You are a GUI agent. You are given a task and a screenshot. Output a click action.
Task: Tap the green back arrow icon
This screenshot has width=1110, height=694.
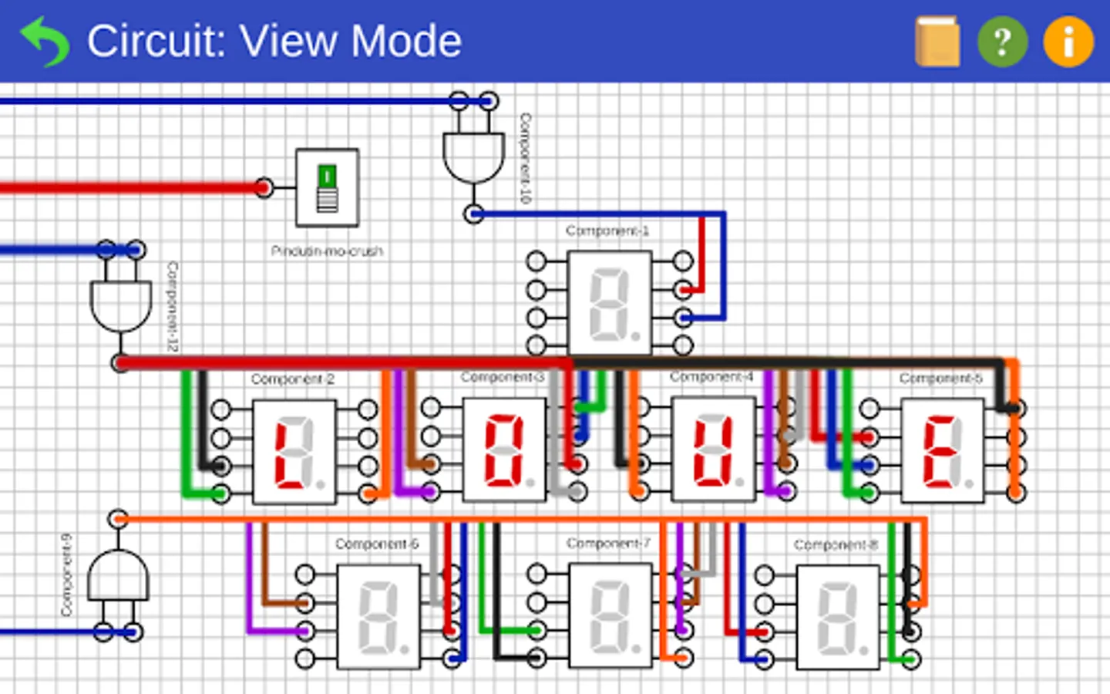[45, 42]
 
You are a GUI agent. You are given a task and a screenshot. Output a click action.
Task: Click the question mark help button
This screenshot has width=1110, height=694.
[1002, 42]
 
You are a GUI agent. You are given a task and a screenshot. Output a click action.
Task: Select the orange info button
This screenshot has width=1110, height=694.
[1068, 42]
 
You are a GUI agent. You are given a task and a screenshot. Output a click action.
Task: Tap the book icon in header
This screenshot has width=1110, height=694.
[937, 42]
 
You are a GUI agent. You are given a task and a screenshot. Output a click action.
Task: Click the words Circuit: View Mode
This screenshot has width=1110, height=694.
[274, 42]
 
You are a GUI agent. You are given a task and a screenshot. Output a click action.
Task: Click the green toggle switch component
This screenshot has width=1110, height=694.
[328, 187]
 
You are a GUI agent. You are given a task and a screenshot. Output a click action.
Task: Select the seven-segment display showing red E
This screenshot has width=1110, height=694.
[942, 451]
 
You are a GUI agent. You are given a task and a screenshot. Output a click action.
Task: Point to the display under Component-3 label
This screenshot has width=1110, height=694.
[503, 450]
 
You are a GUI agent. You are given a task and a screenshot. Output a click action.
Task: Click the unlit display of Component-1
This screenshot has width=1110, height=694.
[609, 304]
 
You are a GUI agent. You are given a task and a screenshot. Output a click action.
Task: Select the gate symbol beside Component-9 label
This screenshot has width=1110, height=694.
[117, 577]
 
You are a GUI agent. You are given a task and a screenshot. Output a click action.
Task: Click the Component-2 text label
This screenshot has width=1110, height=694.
[292, 379]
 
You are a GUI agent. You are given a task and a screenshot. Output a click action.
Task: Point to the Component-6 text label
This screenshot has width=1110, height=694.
[376, 544]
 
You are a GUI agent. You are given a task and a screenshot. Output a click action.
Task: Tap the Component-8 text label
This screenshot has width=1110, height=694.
[836, 545]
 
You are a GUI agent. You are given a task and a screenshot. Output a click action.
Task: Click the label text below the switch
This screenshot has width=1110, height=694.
[327, 251]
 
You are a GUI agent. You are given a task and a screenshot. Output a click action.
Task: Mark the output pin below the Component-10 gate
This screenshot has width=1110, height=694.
[474, 214]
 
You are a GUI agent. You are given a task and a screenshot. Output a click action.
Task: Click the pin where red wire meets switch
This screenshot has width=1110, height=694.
[264, 187]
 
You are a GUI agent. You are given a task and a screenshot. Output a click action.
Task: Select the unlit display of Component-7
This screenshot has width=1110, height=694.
[610, 615]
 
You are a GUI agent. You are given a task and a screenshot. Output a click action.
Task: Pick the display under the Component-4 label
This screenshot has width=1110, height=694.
[713, 450]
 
